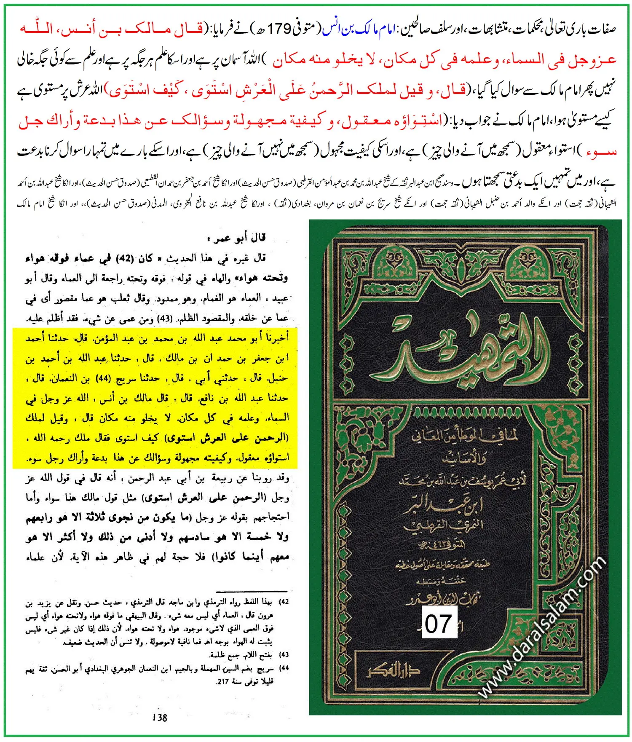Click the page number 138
160,718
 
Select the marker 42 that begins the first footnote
285,602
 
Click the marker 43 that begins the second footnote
285,654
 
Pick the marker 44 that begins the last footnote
285,668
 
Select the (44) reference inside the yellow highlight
103,378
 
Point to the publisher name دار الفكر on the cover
394,671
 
